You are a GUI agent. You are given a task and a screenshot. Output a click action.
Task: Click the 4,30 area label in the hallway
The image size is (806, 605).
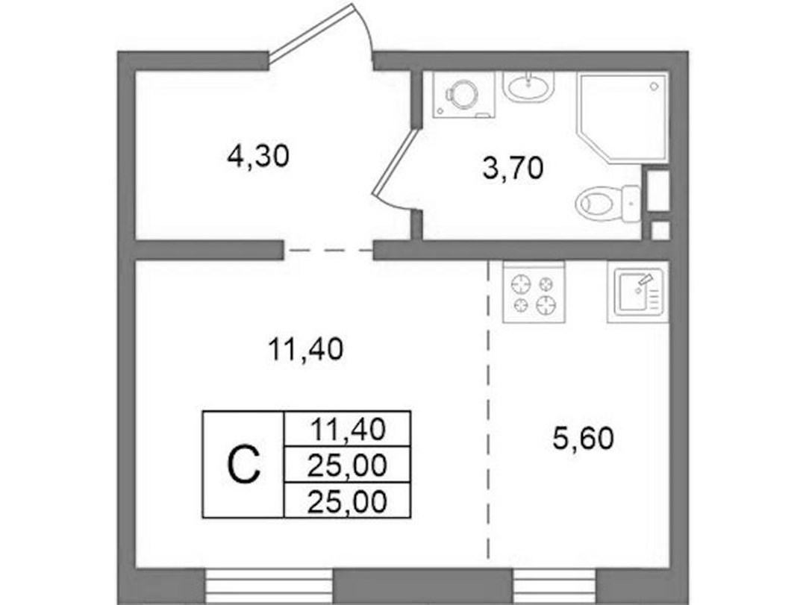click(258, 156)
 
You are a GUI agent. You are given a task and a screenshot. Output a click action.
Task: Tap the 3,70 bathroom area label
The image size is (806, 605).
click(513, 168)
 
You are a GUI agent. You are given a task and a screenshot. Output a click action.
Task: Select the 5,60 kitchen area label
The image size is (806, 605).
click(583, 439)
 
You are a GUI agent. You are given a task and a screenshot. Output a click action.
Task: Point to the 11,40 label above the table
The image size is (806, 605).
click(305, 350)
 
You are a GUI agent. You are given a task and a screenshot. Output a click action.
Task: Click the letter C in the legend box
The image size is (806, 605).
click(243, 465)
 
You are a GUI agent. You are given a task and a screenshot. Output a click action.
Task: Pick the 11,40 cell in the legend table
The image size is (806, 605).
click(348, 429)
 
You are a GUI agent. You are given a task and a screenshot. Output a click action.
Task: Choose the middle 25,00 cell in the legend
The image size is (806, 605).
click(347, 465)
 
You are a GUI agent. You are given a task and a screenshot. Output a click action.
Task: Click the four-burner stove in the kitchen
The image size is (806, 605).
click(534, 292)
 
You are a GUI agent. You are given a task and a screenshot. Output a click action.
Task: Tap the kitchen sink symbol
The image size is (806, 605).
click(638, 292)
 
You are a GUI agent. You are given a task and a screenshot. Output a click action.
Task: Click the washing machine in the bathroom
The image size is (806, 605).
click(463, 95)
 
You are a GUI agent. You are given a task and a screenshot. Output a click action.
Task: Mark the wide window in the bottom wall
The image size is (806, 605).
click(269, 586)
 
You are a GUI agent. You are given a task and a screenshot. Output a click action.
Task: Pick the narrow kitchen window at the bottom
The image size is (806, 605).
click(555, 586)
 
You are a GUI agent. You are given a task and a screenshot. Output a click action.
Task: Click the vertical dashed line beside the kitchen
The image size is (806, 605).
click(488, 410)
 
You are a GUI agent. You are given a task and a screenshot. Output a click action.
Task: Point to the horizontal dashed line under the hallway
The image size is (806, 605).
click(328, 251)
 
